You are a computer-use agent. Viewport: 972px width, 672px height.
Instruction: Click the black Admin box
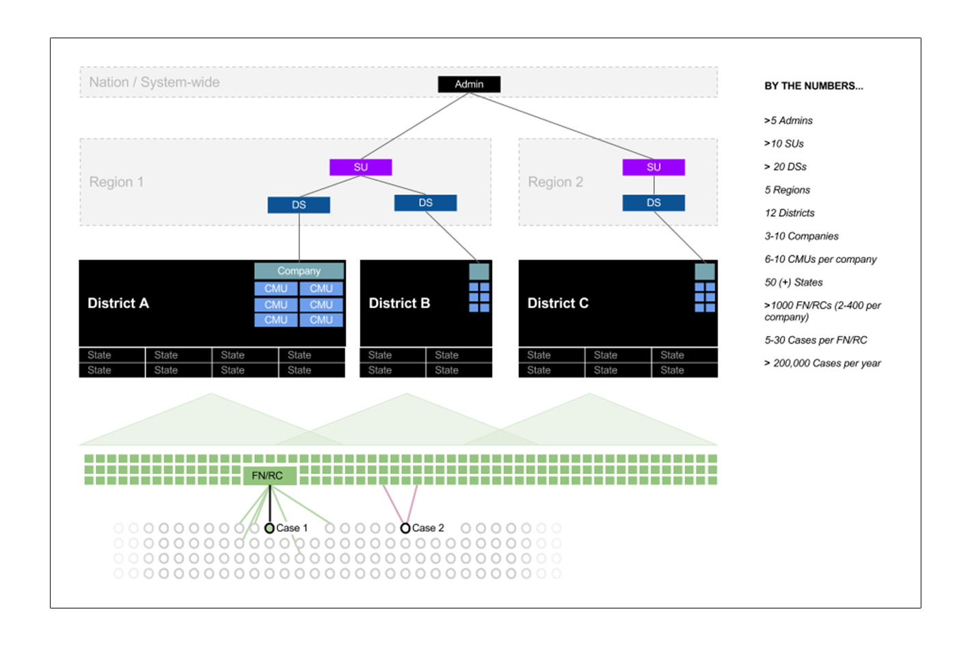pos(469,84)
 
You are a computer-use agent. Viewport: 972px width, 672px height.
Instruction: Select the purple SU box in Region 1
pos(361,167)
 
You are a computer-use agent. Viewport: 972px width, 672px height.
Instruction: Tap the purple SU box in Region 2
pos(653,167)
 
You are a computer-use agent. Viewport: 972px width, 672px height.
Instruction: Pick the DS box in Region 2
pos(653,203)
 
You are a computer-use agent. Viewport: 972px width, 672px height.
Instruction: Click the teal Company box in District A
pos(299,271)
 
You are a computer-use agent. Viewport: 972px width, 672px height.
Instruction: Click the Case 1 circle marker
pos(269,528)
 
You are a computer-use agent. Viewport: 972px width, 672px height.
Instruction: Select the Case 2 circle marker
pos(405,528)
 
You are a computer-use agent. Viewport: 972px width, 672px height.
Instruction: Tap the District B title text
pos(399,303)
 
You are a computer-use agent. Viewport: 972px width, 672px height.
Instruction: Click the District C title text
pos(558,303)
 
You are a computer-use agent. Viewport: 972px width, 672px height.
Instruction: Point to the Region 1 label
pos(116,182)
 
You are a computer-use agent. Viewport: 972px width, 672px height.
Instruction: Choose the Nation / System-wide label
pos(154,82)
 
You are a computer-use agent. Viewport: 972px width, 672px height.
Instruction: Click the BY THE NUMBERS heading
pos(813,86)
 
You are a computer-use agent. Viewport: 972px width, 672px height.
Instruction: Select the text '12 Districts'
pos(789,213)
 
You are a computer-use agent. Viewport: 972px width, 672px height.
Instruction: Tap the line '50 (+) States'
pos(793,282)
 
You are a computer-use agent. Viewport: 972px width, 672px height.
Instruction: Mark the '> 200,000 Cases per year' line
pos(822,363)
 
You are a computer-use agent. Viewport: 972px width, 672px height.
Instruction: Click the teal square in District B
pos(479,272)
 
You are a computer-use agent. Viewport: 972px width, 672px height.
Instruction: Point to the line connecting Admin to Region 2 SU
pos(561,126)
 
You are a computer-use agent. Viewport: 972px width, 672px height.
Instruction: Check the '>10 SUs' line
pos(783,143)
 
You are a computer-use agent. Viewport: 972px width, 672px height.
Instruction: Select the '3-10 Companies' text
pos(801,236)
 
